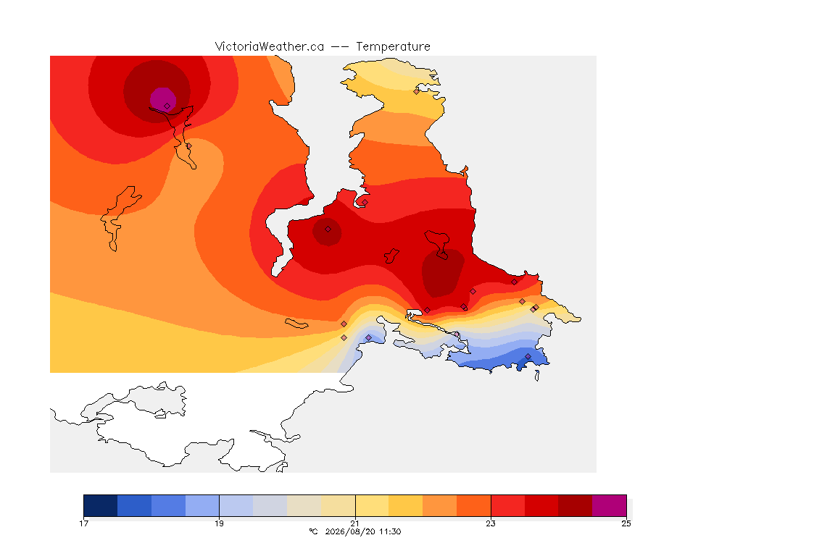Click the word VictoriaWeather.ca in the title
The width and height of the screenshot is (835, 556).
(270, 47)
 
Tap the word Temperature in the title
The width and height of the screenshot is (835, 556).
(393, 47)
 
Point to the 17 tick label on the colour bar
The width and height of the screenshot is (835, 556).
(83, 523)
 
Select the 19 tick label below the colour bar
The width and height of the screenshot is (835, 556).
(220, 523)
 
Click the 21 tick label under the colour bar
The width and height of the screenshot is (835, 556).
(355, 523)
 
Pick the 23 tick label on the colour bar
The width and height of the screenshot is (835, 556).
(491, 523)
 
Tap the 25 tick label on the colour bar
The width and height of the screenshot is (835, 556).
(626, 523)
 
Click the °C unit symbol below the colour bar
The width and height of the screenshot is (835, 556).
(313, 531)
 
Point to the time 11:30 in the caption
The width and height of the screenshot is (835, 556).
(391, 531)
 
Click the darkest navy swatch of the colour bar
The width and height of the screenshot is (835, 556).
(101, 505)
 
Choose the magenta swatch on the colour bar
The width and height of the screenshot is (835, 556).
(609, 505)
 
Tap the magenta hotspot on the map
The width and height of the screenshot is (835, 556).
(162, 99)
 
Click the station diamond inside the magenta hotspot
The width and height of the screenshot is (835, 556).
(167, 106)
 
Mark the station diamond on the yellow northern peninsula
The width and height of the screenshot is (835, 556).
(417, 91)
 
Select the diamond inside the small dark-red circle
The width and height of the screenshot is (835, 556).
(328, 229)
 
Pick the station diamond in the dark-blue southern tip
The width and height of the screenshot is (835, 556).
(528, 356)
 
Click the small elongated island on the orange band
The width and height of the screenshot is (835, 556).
(296, 324)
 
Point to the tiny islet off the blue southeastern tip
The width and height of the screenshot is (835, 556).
(537, 376)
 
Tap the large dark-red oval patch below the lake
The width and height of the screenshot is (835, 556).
(443, 273)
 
